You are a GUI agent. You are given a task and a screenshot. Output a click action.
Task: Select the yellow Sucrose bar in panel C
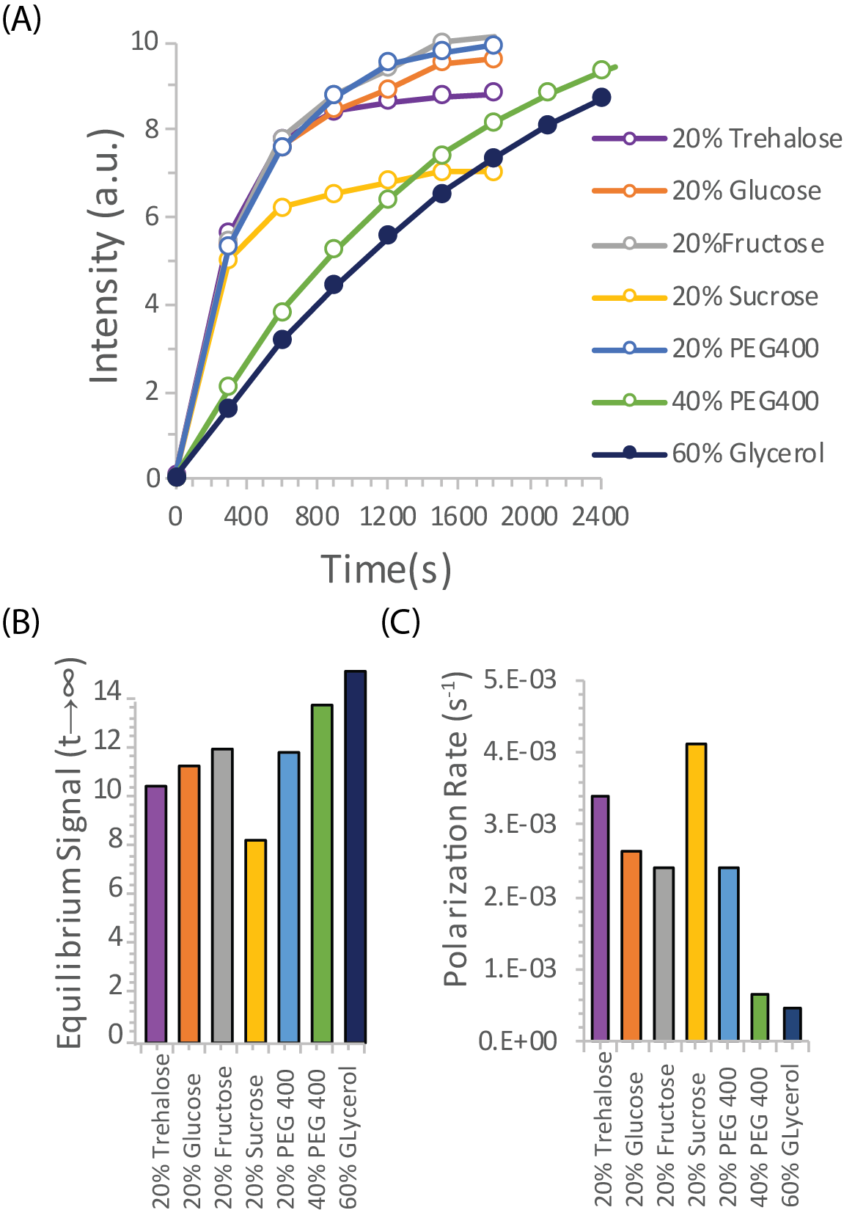pos(696,892)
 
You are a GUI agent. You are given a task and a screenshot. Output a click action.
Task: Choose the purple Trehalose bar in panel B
pos(156,914)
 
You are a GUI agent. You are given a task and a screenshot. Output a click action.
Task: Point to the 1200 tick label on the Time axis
pos(388,517)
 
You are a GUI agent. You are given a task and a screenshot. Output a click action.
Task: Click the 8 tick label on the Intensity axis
pos(151,130)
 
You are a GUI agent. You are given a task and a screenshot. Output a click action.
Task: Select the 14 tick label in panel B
pos(109,692)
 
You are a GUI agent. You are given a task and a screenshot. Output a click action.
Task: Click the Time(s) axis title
pos(386,569)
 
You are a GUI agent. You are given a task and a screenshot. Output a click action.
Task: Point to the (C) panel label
pos(400,622)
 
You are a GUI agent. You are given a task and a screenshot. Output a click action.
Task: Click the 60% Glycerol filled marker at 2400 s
pos(601,98)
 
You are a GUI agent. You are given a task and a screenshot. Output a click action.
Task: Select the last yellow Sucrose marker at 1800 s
pos(493,172)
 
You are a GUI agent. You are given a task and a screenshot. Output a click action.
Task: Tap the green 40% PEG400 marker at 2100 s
pos(547,92)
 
